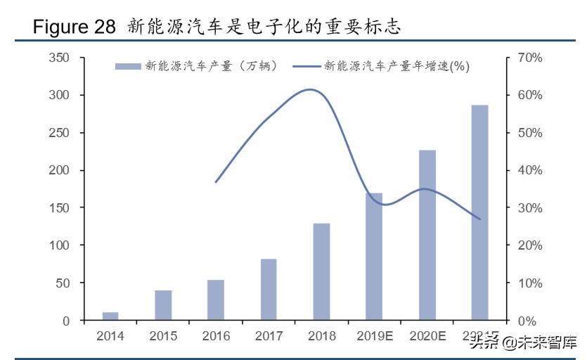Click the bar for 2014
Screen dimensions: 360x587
[110, 316]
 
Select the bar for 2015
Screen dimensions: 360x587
[163, 305]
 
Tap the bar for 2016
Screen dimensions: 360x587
[216, 300]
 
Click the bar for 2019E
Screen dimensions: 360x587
[374, 256]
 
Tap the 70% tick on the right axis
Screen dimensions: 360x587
[529, 58]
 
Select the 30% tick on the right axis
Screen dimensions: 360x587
[529, 208]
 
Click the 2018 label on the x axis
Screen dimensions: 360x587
[321, 336]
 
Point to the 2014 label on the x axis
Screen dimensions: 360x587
[110, 336]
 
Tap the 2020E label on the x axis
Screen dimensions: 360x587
[427, 336]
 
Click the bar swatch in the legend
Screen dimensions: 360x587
[128, 66]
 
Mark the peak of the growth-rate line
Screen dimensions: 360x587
[310, 89]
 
